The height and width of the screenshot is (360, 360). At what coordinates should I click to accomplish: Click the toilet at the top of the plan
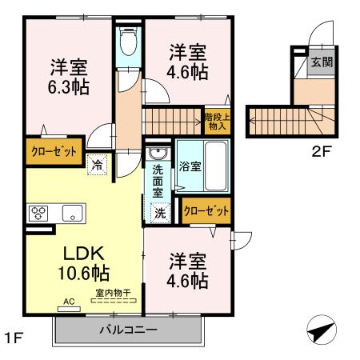click(x=127, y=40)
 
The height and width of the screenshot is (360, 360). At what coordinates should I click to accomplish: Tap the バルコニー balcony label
click(x=127, y=330)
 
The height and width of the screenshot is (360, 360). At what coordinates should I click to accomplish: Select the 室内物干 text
click(x=113, y=294)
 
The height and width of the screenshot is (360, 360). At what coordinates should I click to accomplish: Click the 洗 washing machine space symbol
click(x=160, y=214)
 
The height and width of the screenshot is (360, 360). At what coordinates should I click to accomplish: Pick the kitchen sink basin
click(x=72, y=213)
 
